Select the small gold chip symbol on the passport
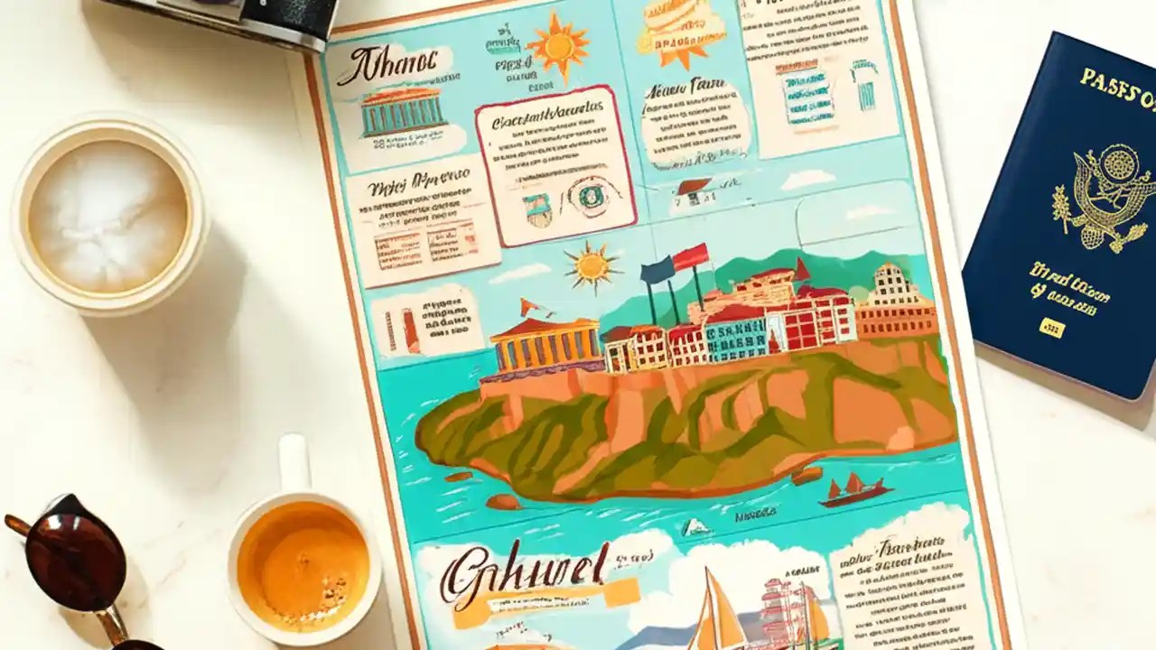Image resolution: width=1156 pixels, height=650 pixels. click(1051, 327)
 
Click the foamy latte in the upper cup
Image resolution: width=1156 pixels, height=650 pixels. click(108, 211)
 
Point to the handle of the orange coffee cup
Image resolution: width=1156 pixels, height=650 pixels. click(293, 465)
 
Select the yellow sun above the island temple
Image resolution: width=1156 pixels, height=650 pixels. click(592, 266)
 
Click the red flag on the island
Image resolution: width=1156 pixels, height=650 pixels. click(691, 257)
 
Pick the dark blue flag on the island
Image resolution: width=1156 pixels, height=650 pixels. click(657, 270)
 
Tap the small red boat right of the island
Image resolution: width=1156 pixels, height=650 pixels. click(853, 489)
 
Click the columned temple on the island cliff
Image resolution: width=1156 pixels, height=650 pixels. click(545, 343)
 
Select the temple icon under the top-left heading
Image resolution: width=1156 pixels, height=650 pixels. click(403, 112)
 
